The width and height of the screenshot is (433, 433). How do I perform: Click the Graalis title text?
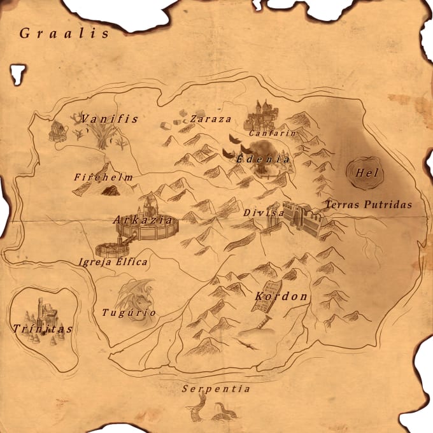click(64, 33)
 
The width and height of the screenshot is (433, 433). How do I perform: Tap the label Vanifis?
click(110, 119)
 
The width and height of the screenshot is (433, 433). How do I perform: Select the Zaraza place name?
click(211, 119)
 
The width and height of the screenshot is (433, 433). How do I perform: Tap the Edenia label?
click(263, 159)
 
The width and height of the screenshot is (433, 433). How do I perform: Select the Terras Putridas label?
click(369, 205)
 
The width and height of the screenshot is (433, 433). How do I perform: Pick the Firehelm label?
click(103, 177)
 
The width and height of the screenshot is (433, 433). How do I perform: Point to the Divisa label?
click(263, 213)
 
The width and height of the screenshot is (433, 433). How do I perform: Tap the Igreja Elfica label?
click(113, 262)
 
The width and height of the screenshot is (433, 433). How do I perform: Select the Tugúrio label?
click(129, 313)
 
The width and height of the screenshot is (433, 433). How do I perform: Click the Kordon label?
click(281, 297)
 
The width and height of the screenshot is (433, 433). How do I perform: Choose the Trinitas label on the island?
click(43, 329)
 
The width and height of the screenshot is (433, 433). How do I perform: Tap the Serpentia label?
click(215, 388)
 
